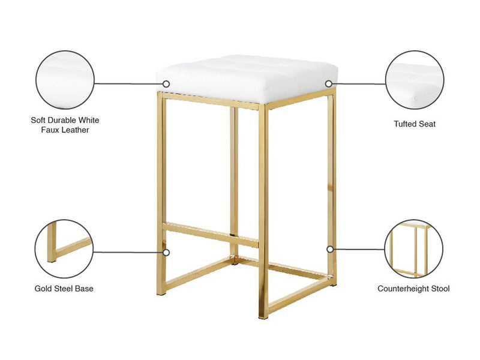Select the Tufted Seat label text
[x=415, y=124]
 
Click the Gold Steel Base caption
[x=64, y=289]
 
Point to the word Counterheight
[x=403, y=289]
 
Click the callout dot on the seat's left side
[x=166, y=83]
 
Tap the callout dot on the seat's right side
[x=328, y=83]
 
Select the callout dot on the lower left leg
[x=166, y=253]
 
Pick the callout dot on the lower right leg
[x=330, y=250]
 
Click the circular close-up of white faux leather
[x=65, y=80]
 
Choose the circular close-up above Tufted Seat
[x=415, y=80]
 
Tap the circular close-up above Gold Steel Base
[x=64, y=249]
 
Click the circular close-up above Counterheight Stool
[x=413, y=249]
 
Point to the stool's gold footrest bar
[x=211, y=235]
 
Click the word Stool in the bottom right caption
[x=440, y=289]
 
